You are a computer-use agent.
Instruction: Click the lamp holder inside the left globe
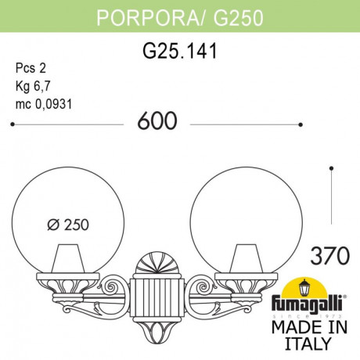(69, 257)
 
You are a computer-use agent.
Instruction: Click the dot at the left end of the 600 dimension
(11, 123)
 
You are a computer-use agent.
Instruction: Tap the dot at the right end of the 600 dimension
(301, 123)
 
